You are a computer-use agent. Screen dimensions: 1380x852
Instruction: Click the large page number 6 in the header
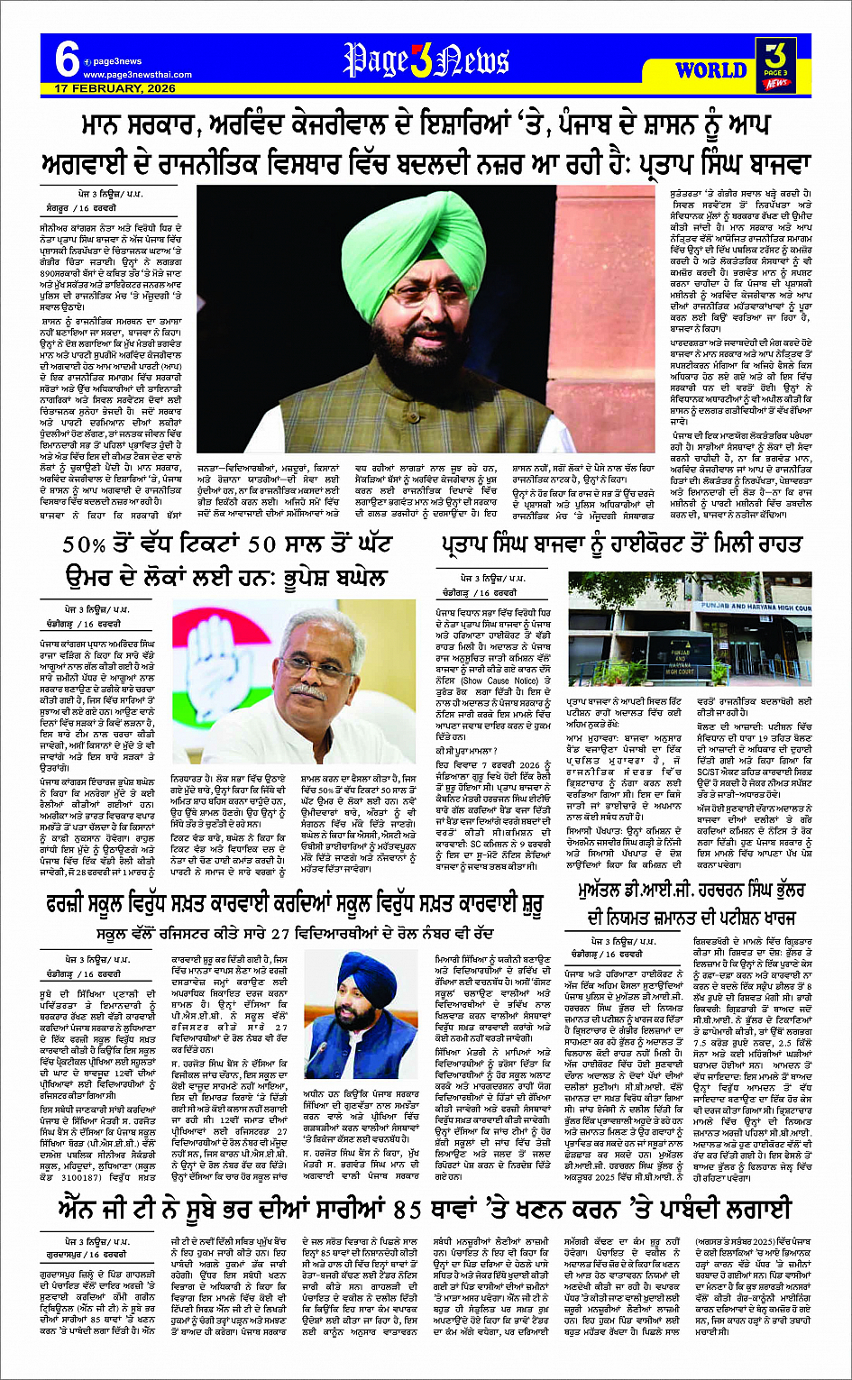coord(66,60)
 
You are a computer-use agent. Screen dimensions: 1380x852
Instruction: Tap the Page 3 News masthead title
coord(426,60)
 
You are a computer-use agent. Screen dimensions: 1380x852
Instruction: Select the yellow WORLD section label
coord(710,70)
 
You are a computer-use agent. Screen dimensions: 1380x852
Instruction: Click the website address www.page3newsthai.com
coord(125,75)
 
